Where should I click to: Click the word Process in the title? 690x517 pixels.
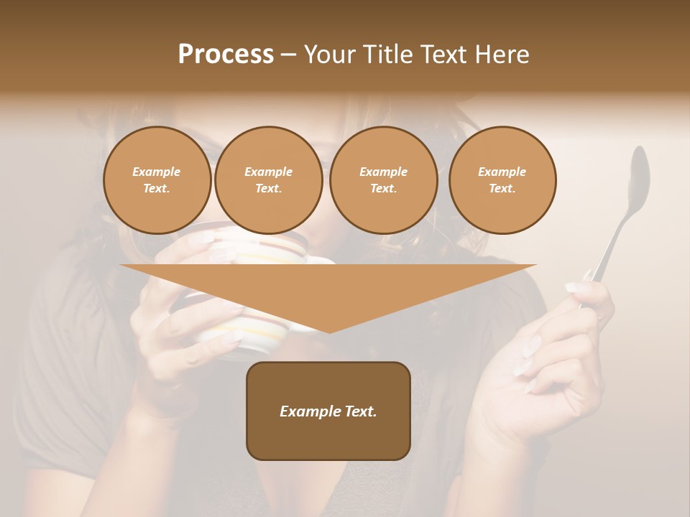click(x=226, y=55)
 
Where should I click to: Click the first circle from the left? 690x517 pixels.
click(x=157, y=180)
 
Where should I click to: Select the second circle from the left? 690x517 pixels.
click(x=268, y=180)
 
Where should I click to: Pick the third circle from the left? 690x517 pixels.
click(x=383, y=180)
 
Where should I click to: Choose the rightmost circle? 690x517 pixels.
click(x=502, y=180)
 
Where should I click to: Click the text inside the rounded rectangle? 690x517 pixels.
click(x=328, y=411)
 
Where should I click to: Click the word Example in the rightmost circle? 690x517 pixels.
click(x=502, y=172)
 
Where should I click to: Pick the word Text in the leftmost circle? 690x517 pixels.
click(x=157, y=189)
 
